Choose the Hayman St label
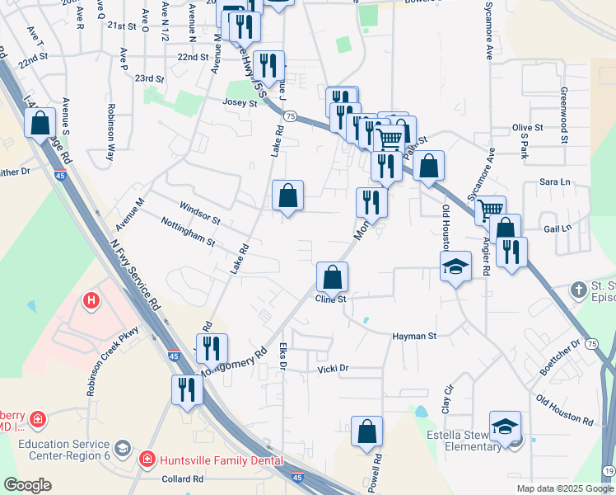tap(414, 337)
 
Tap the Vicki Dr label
tap(334, 369)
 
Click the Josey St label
tap(240, 102)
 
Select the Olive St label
tap(528, 128)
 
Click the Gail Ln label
tap(557, 228)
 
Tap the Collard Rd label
tap(183, 478)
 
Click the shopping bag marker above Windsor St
tap(287, 196)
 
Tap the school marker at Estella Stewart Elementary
tap(506, 426)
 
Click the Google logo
tap(27, 484)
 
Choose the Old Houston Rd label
tap(564, 409)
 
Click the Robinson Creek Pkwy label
tap(114, 360)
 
